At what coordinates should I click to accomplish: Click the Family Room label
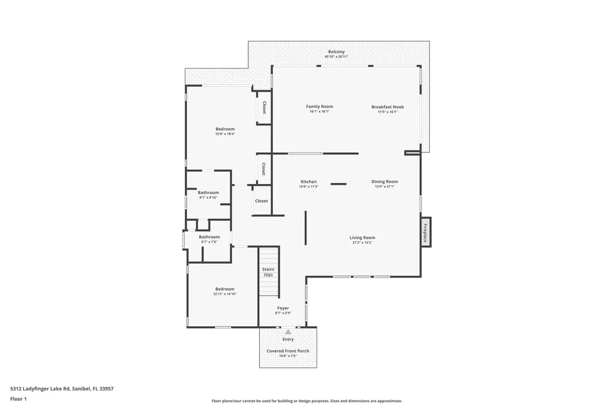[319, 107]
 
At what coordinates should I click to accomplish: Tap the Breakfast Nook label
[387, 107]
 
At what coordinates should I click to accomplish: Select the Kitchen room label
[308, 182]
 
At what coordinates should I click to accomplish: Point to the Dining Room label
[384, 182]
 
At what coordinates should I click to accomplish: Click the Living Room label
[362, 237]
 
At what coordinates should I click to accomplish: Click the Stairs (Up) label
[268, 272]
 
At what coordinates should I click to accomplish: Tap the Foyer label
[282, 308]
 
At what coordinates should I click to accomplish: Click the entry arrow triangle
[288, 332]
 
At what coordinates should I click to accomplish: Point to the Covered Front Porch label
[288, 351]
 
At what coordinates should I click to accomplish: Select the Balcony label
[336, 52]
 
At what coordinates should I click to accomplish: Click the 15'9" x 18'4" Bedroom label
[225, 129]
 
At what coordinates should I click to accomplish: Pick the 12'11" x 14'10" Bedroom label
[225, 289]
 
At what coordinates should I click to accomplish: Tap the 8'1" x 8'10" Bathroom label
[208, 193]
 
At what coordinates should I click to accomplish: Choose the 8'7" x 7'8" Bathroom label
[209, 237]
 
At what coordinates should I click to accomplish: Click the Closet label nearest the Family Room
[264, 107]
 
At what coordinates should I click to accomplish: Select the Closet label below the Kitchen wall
[261, 201]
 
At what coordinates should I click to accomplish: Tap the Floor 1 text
[19, 399]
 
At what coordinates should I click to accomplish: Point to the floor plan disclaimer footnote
[306, 401]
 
